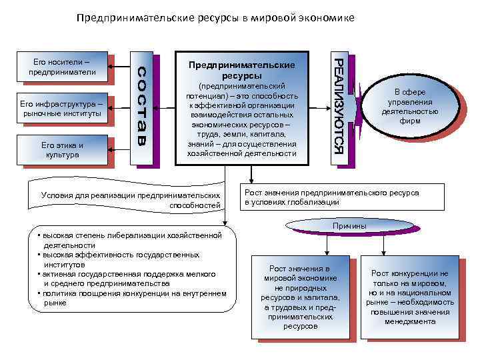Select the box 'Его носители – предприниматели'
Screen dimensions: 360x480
tap(59, 67)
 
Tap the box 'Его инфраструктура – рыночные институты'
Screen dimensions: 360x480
tap(61, 108)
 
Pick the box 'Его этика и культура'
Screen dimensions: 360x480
tap(61, 149)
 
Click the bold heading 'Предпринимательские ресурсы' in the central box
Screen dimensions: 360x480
tap(241, 71)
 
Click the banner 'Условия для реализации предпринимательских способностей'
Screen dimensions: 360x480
tap(130, 199)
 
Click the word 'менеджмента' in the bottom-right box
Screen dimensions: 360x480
tap(410, 321)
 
